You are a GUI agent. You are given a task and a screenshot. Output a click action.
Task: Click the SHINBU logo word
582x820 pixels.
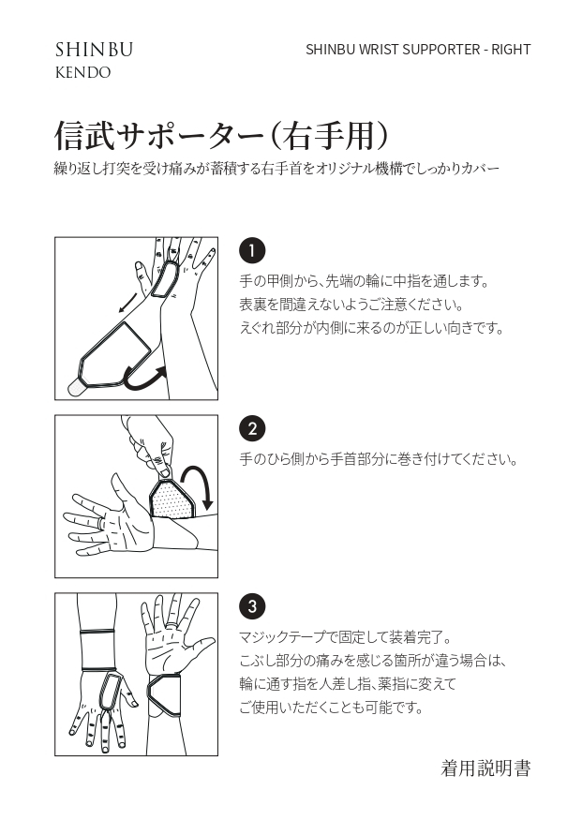(x=94, y=50)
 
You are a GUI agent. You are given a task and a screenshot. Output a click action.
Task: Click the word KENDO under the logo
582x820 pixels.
(x=83, y=73)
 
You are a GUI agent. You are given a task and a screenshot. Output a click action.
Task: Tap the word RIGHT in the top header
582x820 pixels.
(x=511, y=50)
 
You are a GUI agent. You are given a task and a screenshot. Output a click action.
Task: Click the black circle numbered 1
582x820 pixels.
(x=252, y=251)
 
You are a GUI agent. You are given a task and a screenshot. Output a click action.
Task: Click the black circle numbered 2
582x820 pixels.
(x=252, y=429)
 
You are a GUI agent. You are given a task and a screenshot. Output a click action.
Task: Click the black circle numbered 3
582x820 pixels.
(x=252, y=606)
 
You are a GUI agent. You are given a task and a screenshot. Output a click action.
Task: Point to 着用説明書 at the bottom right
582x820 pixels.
(x=485, y=768)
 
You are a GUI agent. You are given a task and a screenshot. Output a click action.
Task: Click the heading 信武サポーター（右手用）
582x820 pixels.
(x=222, y=136)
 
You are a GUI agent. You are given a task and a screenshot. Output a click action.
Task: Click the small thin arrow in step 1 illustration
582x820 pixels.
(x=128, y=304)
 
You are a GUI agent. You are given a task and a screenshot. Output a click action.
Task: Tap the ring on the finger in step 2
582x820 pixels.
(x=97, y=523)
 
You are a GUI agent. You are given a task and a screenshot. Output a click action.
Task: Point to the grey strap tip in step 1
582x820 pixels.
(x=77, y=388)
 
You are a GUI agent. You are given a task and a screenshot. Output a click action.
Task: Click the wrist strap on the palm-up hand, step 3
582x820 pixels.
(x=164, y=696)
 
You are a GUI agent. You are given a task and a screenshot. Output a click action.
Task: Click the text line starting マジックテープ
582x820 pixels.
(x=345, y=637)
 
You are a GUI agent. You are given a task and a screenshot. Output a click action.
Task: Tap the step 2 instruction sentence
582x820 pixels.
(x=379, y=460)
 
